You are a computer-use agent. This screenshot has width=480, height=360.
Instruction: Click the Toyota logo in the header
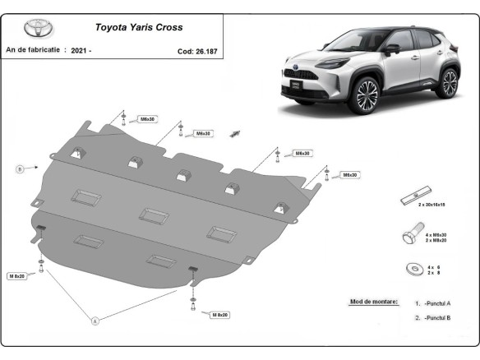(37, 27)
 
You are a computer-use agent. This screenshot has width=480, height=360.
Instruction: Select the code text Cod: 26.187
(197, 51)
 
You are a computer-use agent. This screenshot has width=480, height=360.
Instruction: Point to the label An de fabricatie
(33, 50)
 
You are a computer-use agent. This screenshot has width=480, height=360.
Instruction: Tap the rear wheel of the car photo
(448, 84)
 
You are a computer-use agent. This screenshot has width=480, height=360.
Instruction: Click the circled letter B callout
(18, 169)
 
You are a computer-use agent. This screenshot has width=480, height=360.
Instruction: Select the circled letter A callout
(95, 321)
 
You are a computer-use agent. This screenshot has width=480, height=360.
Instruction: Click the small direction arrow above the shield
(235, 133)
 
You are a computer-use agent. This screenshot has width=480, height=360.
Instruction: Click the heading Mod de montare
(373, 302)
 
